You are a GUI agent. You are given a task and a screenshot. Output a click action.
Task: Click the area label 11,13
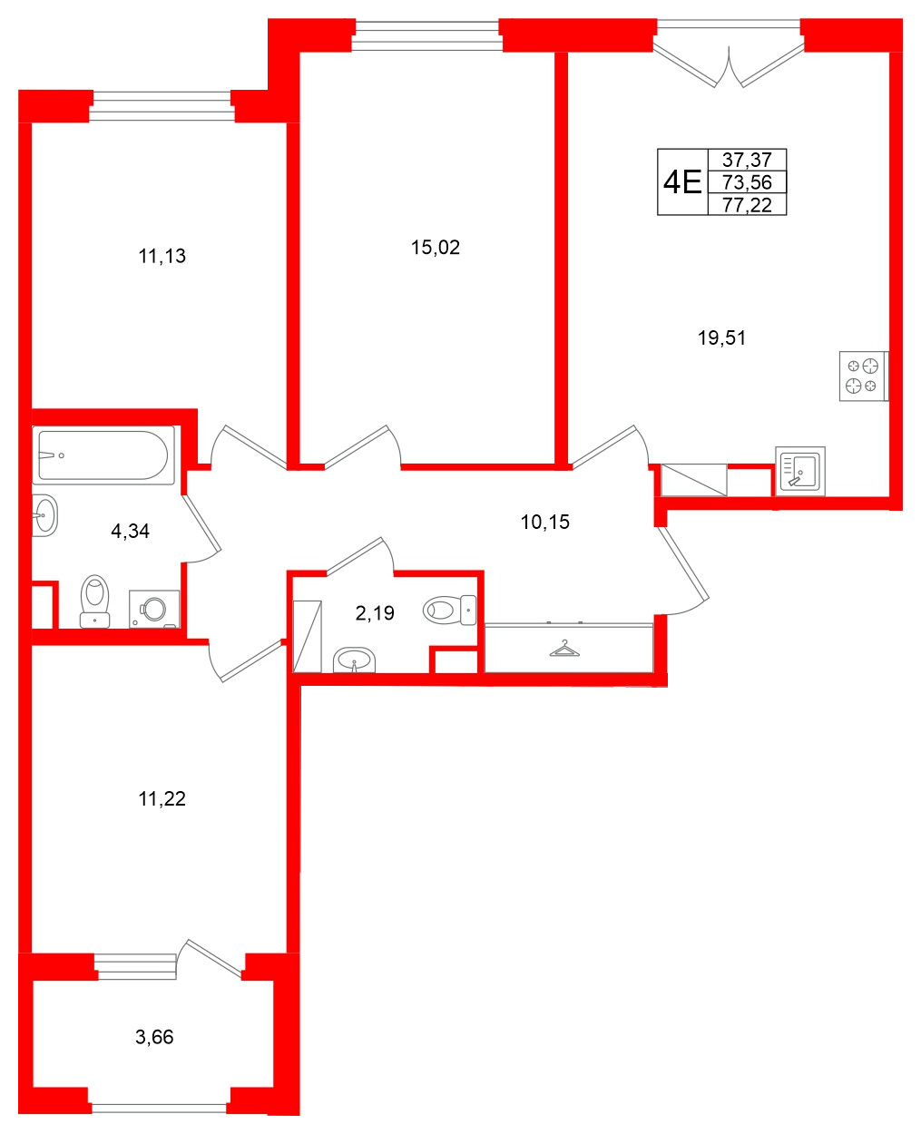coord(162,257)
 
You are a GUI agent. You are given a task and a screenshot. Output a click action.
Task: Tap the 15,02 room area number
coord(436,248)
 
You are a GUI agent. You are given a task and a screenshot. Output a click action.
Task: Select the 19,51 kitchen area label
coord(721,338)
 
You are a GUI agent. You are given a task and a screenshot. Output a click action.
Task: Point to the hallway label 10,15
coord(545,522)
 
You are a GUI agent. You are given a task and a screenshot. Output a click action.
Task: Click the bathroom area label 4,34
coord(130,532)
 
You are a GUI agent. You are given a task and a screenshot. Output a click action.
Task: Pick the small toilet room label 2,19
coord(375,613)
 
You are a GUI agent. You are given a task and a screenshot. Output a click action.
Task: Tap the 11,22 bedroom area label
coord(162,799)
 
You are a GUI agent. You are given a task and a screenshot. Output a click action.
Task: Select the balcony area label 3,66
coord(154,1037)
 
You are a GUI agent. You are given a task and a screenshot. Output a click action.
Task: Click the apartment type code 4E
coord(682,183)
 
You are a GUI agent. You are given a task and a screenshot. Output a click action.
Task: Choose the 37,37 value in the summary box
coord(747,161)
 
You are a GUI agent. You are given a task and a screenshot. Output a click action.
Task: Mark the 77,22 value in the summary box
coord(747,205)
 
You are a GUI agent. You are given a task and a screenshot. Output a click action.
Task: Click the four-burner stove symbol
coord(862,376)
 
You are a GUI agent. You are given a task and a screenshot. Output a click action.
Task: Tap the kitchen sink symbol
coord(800,471)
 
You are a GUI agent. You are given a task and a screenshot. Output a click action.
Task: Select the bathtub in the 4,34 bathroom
coord(102,455)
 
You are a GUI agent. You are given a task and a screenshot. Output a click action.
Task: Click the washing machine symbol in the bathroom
coord(154,609)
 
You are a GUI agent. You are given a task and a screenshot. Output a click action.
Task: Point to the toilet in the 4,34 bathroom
coord(94,601)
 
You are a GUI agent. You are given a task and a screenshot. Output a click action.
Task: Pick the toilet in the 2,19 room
coord(449,610)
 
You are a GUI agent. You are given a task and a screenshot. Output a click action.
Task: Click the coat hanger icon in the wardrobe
coord(565,649)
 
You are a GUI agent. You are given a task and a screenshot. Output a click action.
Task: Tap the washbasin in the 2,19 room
coord(353,660)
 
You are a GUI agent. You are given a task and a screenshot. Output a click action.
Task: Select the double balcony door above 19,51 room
coord(729,59)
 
